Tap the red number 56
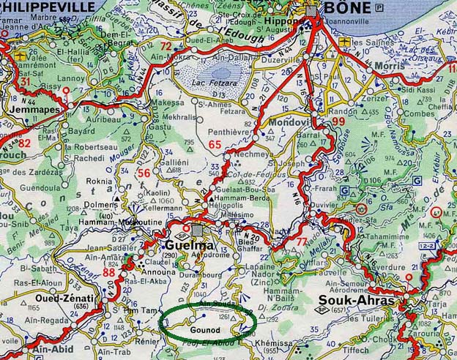[144, 173]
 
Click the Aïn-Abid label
[50, 350]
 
